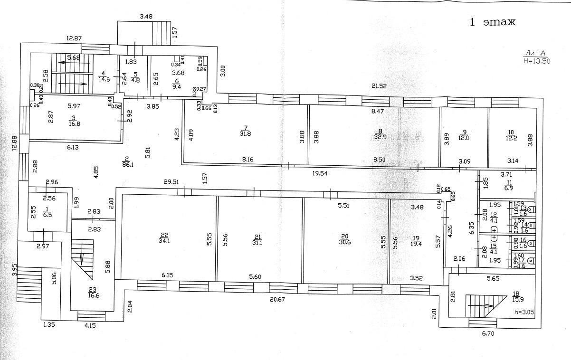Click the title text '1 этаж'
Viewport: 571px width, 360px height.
(493, 22)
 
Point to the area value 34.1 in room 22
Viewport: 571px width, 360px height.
(165, 240)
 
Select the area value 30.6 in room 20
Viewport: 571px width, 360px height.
(345, 240)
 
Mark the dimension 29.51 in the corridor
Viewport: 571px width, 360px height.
(171, 182)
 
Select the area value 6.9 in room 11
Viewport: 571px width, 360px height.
(509, 189)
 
